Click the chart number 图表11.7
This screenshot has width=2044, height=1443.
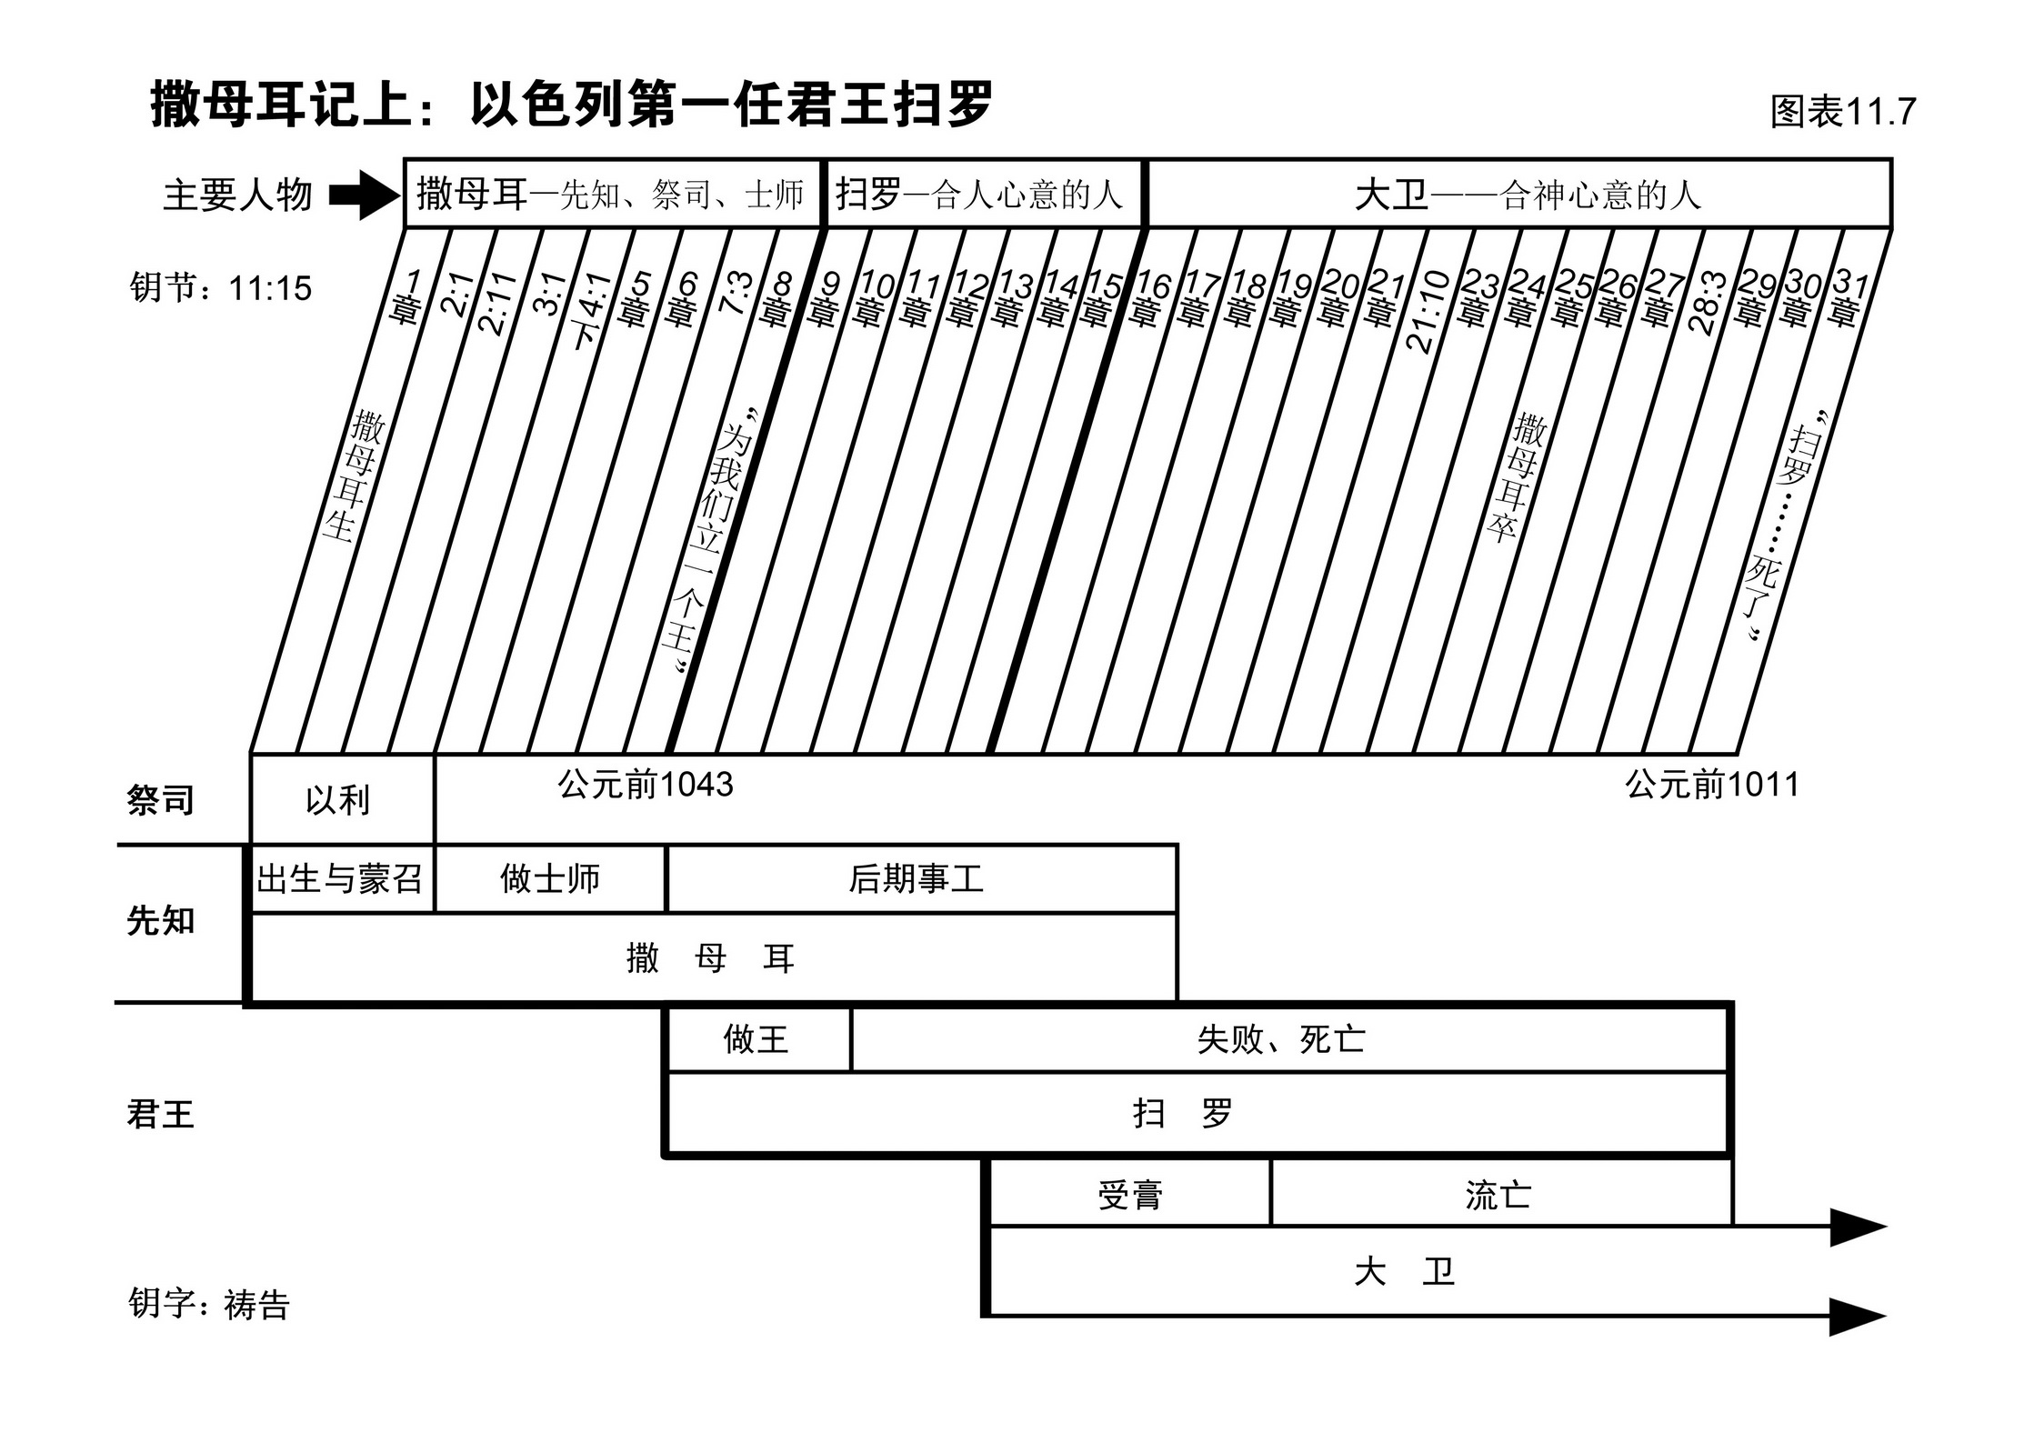tap(1842, 112)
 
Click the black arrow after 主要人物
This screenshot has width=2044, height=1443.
tap(364, 195)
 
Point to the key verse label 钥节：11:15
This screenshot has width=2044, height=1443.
tap(221, 288)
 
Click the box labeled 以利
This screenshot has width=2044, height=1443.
tap(337, 800)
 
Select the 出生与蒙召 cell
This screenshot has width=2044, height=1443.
tap(340, 878)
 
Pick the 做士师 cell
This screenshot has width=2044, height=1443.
tap(550, 878)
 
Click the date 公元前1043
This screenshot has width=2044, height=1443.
tap(646, 784)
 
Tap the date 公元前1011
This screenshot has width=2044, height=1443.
tap(1711, 784)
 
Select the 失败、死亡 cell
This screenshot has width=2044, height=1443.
tap(1281, 1038)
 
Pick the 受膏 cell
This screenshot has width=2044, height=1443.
tap(1129, 1195)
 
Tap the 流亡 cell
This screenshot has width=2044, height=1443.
tap(1498, 1195)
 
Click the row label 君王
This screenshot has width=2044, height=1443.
tap(161, 1114)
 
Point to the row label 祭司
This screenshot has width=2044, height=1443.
tap(161, 800)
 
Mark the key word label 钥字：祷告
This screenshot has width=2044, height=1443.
tap(209, 1304)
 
